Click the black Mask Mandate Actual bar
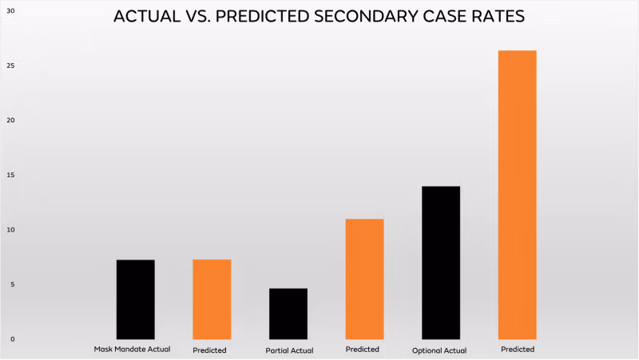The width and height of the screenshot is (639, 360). [135, 299]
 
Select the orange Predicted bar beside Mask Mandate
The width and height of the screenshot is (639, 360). [212, 299]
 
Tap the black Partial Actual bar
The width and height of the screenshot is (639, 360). [288, 314]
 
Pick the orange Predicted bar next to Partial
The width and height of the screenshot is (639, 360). [364, 279]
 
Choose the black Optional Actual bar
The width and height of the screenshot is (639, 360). [441, 263]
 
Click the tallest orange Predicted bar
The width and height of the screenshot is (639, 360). [517, 195]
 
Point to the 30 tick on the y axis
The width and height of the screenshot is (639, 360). [11, 10]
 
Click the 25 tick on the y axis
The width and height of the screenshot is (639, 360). [11, 65]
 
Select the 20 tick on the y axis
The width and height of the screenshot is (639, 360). [11, 121]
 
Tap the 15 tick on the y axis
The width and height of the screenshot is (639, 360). [11, 175]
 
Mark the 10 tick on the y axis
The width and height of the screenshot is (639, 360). [11, 230]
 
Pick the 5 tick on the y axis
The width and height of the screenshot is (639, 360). [11, 284]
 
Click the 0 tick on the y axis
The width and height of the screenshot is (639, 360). [11, 339]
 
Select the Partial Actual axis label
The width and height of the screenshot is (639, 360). [289, 350]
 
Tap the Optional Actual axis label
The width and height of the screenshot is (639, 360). [439, 350]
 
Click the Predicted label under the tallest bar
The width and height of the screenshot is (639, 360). [517, 349]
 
